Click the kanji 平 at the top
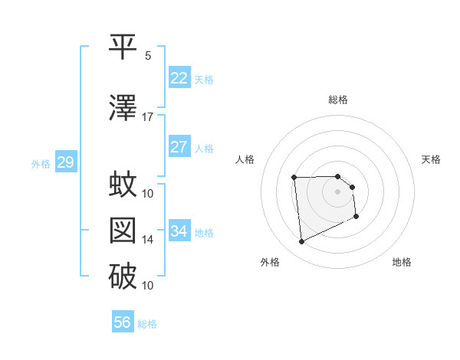point(123,47)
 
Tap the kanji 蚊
point(123,185)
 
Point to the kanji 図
point(123,231)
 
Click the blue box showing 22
point(179,78)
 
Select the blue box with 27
point(179,147)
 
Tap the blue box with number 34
point(179,231)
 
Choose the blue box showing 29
point(64,162)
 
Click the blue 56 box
point(122,322)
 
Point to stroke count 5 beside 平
point(148,55)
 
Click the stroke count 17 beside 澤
point(148,117)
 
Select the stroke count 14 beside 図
point(148,240)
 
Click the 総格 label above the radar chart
point(338,100)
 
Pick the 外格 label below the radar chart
point(270,262)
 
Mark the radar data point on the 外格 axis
point(301,242)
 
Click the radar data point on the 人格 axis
point(294,178)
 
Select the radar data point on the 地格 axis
point(356,217)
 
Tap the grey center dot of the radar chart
point(337,191)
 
